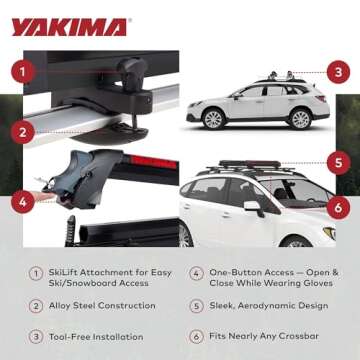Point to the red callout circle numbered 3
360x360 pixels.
coord(339,72)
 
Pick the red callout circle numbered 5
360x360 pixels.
coord(339,160)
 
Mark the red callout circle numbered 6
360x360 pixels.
coord(339,208)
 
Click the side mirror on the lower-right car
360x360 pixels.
coord(253,207)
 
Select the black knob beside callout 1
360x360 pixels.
coord(127,71)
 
